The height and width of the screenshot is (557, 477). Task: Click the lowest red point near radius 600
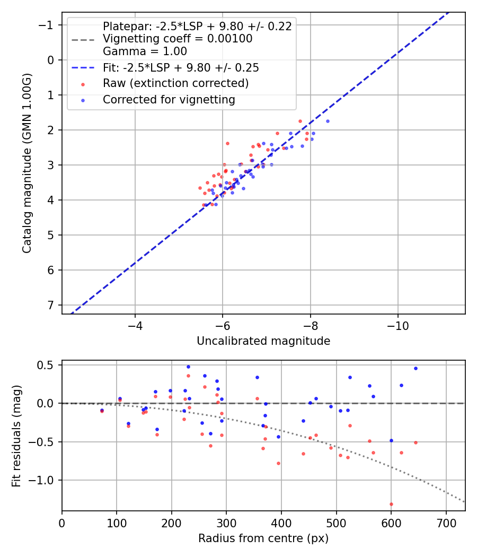point(391,504)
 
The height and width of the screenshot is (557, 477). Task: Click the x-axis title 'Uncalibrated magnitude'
point(263,341)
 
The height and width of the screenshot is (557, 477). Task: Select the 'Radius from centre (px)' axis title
point(263,538)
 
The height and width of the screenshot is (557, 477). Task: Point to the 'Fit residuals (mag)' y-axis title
point(16,435)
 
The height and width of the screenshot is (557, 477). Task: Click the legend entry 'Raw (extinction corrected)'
point(175,83)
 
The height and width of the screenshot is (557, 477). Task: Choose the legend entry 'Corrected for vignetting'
point(169,100)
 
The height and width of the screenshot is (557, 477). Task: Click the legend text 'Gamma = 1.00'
point(145,51)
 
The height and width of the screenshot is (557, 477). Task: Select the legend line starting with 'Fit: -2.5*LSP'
point(181,67)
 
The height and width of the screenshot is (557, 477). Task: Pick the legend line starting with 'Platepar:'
point(197,27)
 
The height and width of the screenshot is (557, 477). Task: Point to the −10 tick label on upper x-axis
point(397,325)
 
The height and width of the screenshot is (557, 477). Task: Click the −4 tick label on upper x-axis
point(135,325)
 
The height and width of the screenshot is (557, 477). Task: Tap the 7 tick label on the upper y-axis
point(51,305)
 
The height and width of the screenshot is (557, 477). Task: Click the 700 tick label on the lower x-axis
point(446,523)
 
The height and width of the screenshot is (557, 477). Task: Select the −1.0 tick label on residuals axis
point(43,480)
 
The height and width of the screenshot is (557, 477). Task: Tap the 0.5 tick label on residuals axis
point(47,365)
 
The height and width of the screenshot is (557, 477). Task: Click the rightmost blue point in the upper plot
point(328,121)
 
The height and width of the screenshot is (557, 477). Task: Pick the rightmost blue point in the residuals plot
point(416,368)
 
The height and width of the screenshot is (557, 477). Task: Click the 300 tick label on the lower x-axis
point(226,523)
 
